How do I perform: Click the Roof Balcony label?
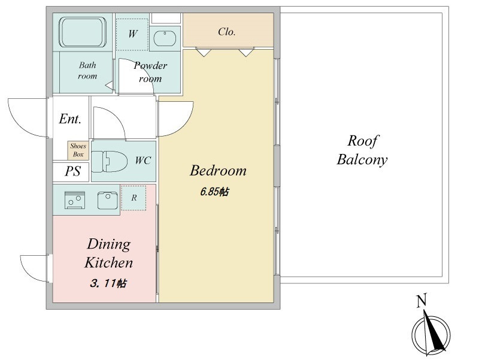pos(362,150)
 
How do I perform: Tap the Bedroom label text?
pos(218,171)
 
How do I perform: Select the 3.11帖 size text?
pos(108,283)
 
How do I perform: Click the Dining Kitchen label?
pos(108,253)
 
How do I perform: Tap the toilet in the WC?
pos(113,161)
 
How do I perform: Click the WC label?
pos(143,161)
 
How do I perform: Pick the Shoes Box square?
pos(78,150)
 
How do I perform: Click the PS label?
pos(72,172)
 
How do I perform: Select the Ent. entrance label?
pos(70,119)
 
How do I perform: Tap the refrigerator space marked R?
pos(134,198)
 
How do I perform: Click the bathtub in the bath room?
pos(83,33)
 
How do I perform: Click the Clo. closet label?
pos(226,32)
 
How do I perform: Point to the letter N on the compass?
pos(422,301)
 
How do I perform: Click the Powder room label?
pos(150,72)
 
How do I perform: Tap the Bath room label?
pos(87,71)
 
